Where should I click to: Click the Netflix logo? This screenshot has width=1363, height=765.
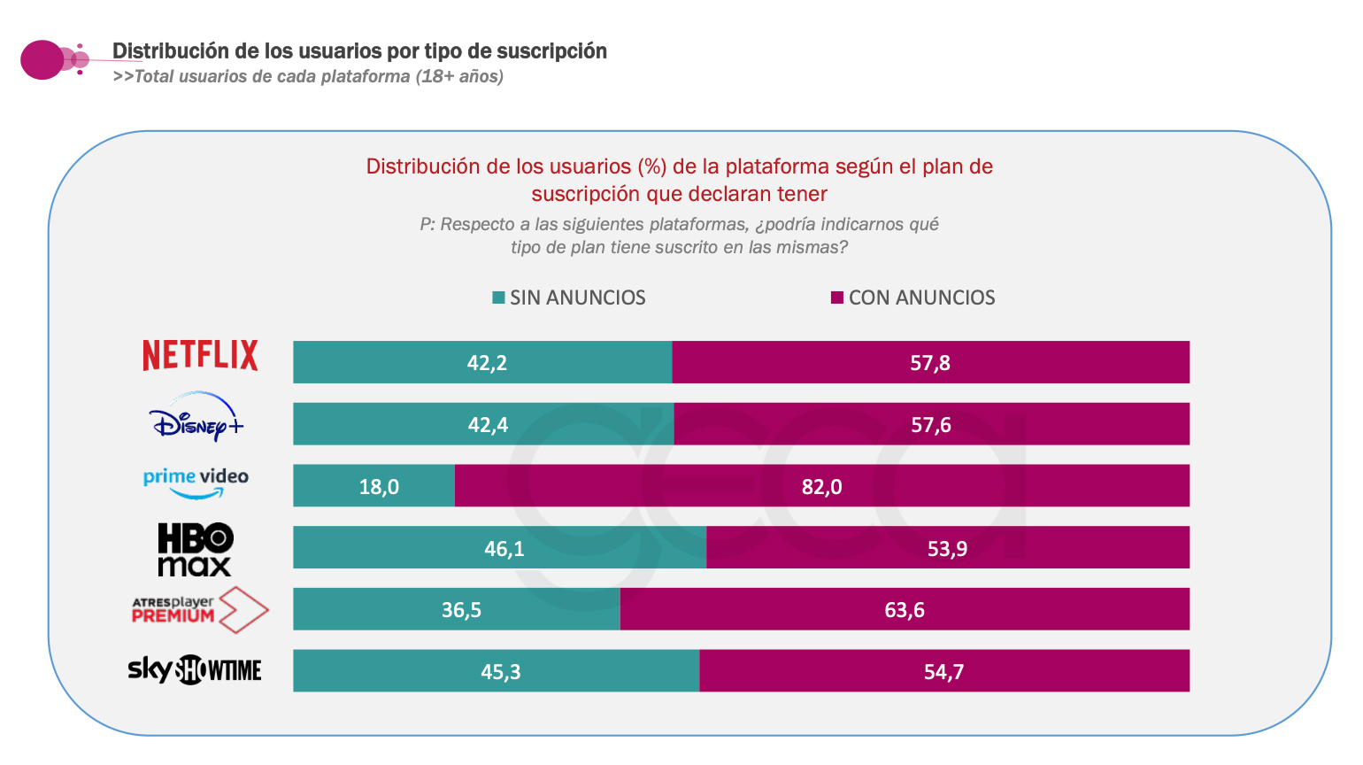200,355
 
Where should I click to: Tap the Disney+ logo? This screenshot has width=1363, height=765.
196,417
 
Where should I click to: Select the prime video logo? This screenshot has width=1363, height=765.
196,483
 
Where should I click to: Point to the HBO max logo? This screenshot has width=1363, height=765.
195,549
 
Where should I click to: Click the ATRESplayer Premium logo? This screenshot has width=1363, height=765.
200,610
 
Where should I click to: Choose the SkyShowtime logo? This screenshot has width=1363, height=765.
195,669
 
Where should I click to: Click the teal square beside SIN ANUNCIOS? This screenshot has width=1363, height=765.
498,297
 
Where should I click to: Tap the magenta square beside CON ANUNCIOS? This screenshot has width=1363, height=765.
836,297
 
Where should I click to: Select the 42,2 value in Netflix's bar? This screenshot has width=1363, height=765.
487,363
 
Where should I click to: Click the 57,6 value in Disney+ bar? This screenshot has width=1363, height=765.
931,425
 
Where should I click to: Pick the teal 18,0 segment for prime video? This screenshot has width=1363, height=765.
374,486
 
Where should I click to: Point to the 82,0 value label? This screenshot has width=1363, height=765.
821,487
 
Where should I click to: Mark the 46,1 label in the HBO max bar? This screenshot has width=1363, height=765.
504,549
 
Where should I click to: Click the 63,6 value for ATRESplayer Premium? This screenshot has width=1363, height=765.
905,610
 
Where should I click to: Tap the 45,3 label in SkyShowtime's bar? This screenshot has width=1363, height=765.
500,672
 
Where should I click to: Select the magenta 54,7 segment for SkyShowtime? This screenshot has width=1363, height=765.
944,671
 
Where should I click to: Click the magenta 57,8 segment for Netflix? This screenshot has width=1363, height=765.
930,362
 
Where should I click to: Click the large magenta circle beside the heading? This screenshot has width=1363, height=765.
42,60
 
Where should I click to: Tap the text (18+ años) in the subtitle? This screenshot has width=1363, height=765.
459,76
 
